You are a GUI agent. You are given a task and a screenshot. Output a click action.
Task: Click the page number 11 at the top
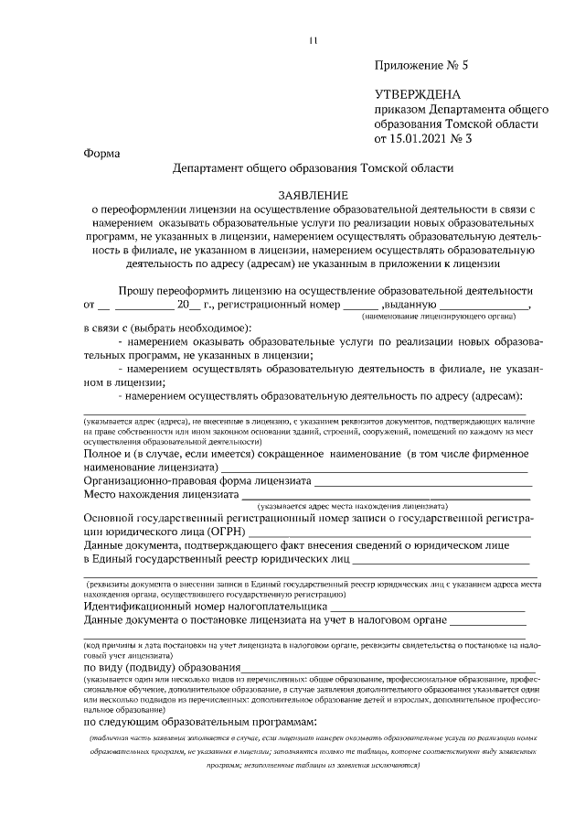tap(313, 40)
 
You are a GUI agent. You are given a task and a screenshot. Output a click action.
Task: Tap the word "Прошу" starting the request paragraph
tap(135, 289)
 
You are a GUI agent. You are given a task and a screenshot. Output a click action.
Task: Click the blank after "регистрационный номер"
tap(361, 305)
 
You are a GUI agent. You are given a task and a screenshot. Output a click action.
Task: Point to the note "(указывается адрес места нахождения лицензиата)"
tap(352, 506)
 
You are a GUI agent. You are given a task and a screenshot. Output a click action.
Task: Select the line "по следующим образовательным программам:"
tap(199, 723)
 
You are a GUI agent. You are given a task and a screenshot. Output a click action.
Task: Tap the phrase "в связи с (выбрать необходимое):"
tap(167, 327)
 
